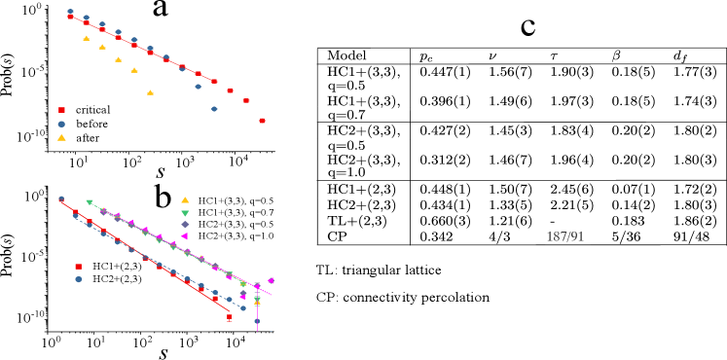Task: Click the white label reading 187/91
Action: pos(567,236)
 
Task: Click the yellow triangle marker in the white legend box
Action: pos(185,200)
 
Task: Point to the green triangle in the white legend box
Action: pos(185,212)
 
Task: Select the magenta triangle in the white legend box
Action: pos(185,235)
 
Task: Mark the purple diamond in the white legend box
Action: pos(185,224)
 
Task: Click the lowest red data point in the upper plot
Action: pos(262,121)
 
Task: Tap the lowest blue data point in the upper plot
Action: pos(214,109)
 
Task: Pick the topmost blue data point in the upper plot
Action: pos(70,12)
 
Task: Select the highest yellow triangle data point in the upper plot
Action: pos(86,38)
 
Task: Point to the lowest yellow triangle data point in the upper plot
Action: pos(150,92)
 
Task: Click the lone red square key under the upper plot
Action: pos(61,110)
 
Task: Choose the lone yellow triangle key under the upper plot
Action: pos(61,137)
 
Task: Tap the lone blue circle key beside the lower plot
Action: pos(79,279)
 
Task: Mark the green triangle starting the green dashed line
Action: pos(90,202)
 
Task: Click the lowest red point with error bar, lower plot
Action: pos(230,316)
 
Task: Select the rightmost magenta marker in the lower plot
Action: pos(271,280)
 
